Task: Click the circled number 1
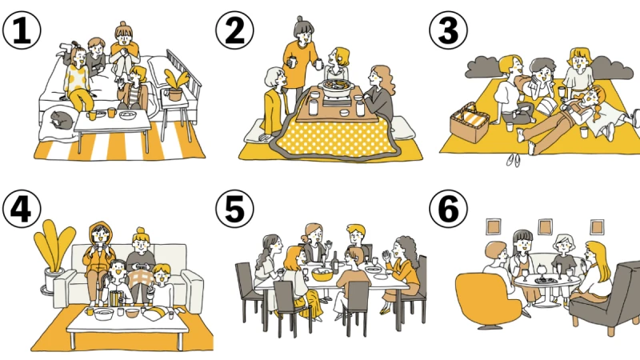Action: coord(22,30)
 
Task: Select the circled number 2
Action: coord(234,30)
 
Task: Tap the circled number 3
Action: coord(449,30)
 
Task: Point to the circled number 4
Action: coord(22,209)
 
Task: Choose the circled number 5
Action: coord(234,209)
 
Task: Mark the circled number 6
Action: coord(449,209)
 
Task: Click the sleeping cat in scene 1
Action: coord(62,118)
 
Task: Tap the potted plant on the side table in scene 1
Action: coord(175,85)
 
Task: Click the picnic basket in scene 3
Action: coord(470,122)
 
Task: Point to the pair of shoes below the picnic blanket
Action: coord(514,160)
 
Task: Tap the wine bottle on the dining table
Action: coord(334,262)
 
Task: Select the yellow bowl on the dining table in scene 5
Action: coord(322,274)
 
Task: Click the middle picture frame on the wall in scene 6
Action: coord(546,227)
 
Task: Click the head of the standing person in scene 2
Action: coord(304,30)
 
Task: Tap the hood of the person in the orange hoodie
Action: coord(100,233)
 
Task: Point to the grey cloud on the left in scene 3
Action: coord(484,67)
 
